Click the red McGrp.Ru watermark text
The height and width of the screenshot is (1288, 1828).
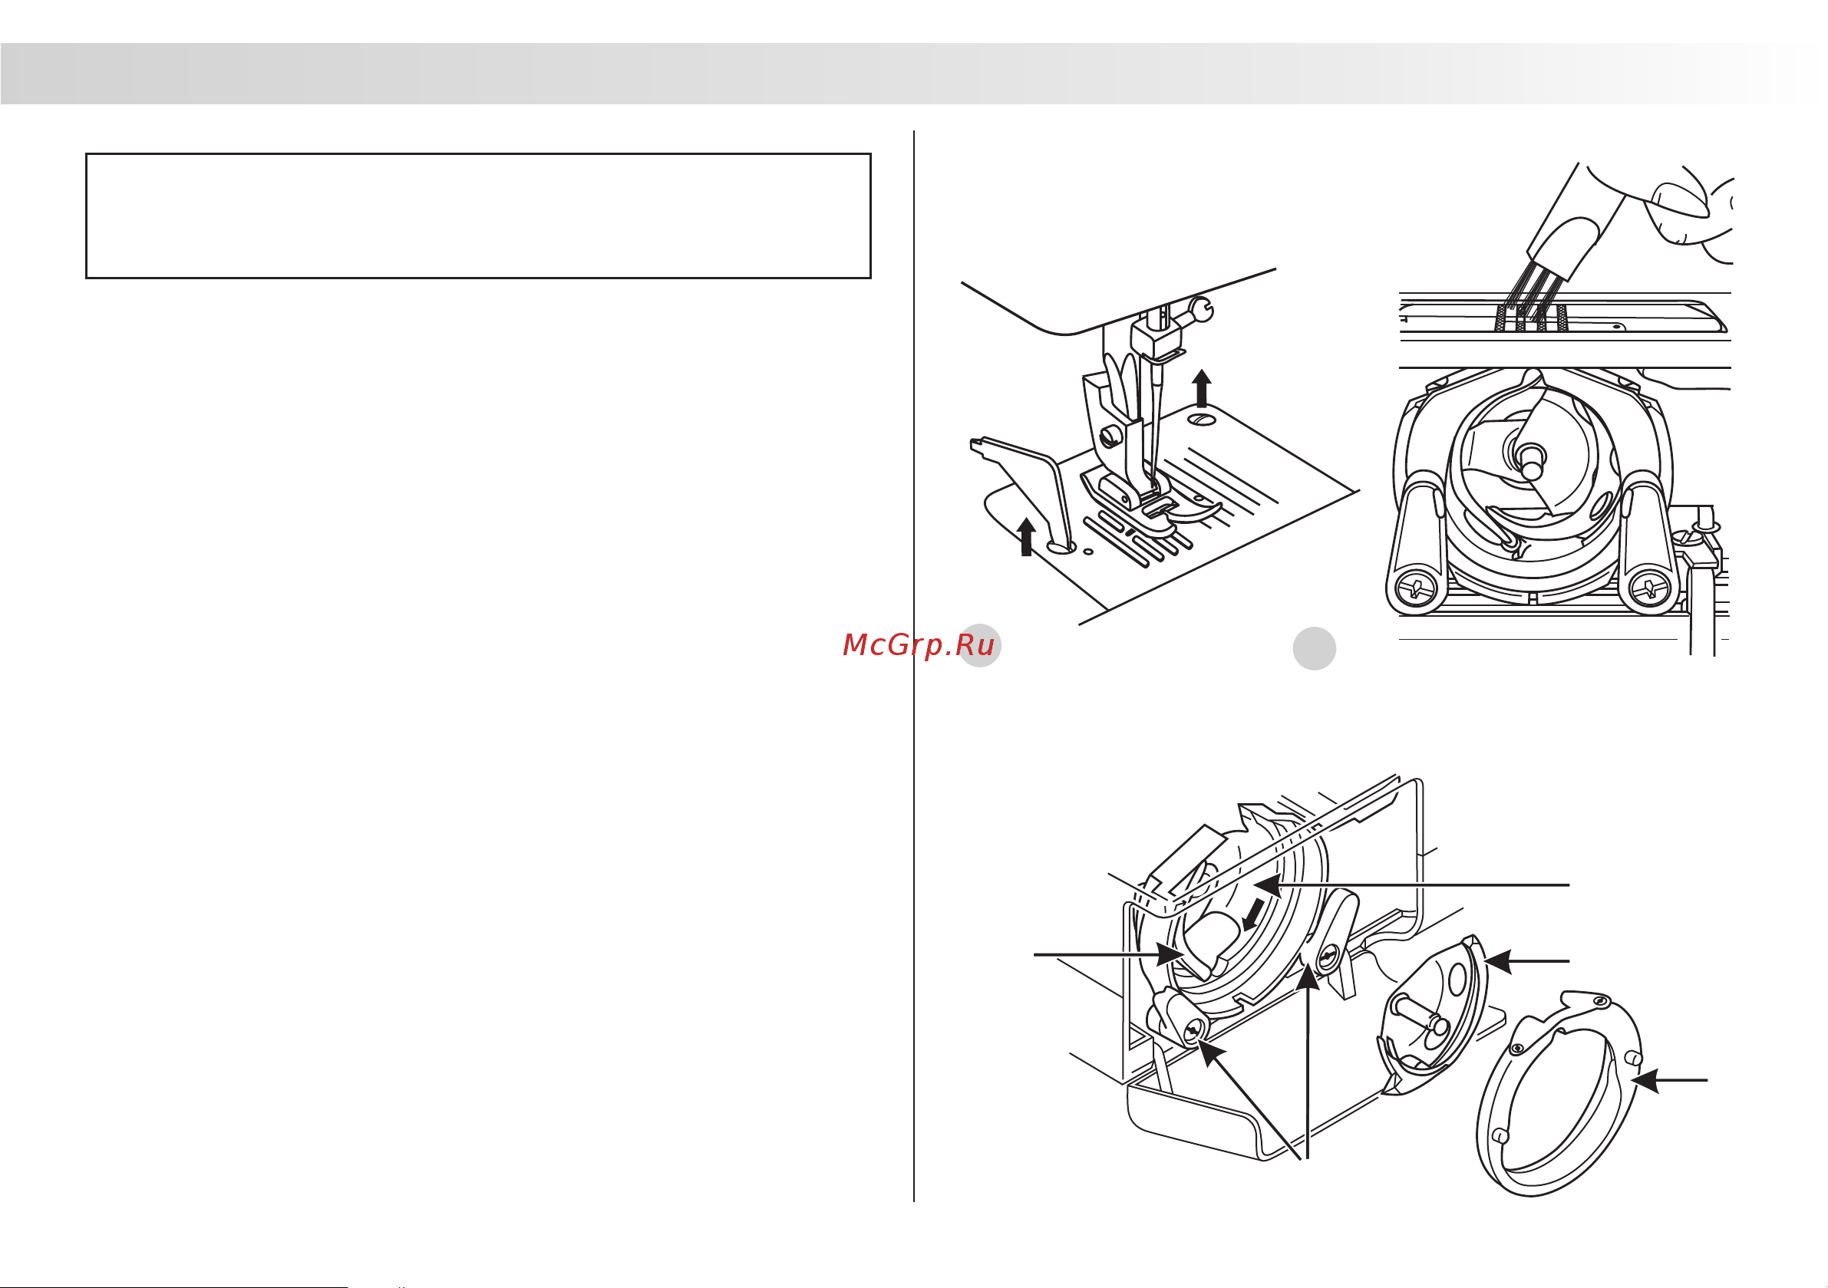tap(919, 645)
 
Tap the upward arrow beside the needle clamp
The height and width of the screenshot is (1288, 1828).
tap(1203, 387)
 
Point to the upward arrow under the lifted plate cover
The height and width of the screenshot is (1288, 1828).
tap(1027, 536)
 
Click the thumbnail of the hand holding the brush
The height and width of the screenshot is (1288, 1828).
tap(1680, 199)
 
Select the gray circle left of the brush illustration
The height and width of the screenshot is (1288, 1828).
tap(1314, 648)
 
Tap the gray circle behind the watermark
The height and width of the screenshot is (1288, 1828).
tap(979, 645)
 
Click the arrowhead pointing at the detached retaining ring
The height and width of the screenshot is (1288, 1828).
tap(1645, 1081)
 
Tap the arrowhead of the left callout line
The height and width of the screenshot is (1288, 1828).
tap(1171, 954)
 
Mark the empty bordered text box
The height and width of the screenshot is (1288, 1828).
tap(479, 216)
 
